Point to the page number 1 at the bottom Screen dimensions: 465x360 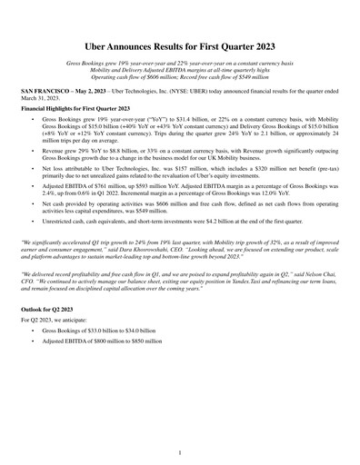[180, 451]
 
